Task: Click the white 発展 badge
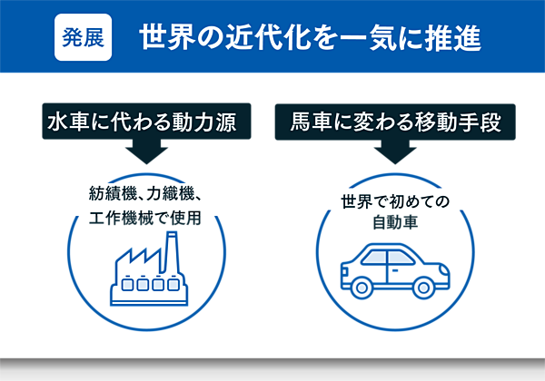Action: click(83, 37)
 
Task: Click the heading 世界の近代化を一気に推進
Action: click(310, 38)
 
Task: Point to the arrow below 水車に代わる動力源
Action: click(144, 151)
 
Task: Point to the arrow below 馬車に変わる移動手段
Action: click(395, 151)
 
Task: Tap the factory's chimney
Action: click(169, 249)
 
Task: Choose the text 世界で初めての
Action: click(395, 200)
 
